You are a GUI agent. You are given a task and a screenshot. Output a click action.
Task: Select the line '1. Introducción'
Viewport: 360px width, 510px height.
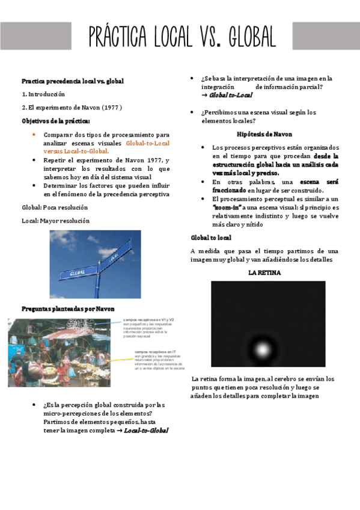[43, 94]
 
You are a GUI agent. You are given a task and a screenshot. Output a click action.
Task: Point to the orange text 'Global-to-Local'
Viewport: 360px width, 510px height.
[148, 143]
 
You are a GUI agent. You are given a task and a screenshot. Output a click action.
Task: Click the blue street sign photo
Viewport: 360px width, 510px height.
[95, 264]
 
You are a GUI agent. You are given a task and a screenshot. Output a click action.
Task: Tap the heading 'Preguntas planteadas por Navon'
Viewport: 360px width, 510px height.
[68, 309]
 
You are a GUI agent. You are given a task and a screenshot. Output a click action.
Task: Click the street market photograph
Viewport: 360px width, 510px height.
[59, 352]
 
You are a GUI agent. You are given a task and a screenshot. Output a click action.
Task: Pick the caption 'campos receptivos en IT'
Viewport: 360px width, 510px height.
[155, 351]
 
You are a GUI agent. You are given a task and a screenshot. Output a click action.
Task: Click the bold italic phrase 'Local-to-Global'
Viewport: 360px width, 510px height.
[145, 430]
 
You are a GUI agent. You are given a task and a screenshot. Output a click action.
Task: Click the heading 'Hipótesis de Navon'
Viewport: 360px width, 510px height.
[264, 134]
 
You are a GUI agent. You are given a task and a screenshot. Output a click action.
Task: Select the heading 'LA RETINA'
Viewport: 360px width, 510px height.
[264, 272]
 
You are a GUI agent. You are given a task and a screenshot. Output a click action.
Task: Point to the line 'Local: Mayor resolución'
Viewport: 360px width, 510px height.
[55, 221]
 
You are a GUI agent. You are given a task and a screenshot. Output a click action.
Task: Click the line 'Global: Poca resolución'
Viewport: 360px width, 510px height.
[55, 207]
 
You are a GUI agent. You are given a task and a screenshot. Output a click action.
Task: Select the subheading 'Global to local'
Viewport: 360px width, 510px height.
[211, 238]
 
